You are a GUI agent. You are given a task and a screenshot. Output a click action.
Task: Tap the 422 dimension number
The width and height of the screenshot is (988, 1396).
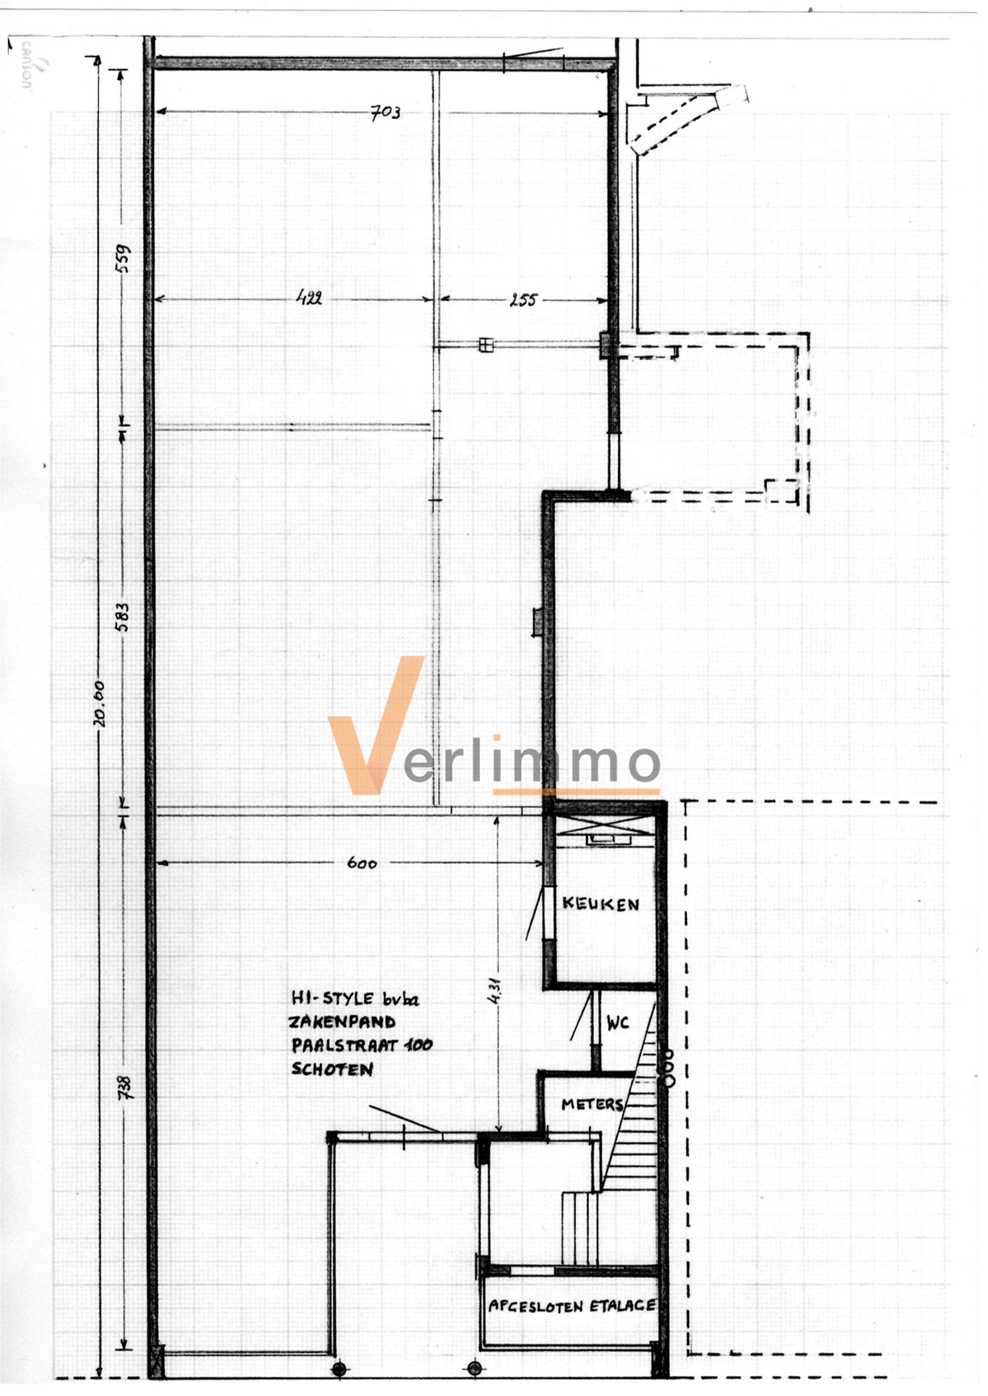[309, 298]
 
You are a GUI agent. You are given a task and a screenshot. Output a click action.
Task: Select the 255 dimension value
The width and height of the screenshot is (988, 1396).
[523, 300]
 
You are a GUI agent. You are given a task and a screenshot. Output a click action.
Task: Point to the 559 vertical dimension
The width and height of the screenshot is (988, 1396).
[122, 258]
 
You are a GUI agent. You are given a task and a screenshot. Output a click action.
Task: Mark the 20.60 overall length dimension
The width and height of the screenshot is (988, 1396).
[99, 704]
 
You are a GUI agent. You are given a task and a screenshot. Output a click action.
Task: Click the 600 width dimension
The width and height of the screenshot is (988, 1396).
[362, 863]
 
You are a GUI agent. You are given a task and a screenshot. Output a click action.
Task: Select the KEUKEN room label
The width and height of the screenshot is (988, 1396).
[601, 904]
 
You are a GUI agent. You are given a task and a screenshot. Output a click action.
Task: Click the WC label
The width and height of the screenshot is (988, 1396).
[617, 1023]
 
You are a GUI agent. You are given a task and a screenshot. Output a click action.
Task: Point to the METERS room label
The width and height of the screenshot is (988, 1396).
[591, 1105]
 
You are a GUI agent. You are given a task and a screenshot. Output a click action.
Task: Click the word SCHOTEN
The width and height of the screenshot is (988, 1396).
[332, 1069]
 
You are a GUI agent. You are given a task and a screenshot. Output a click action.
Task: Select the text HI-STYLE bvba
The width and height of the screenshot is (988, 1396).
[355, 998]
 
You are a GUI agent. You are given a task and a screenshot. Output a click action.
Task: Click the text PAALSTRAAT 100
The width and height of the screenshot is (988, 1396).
[361, 1045]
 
